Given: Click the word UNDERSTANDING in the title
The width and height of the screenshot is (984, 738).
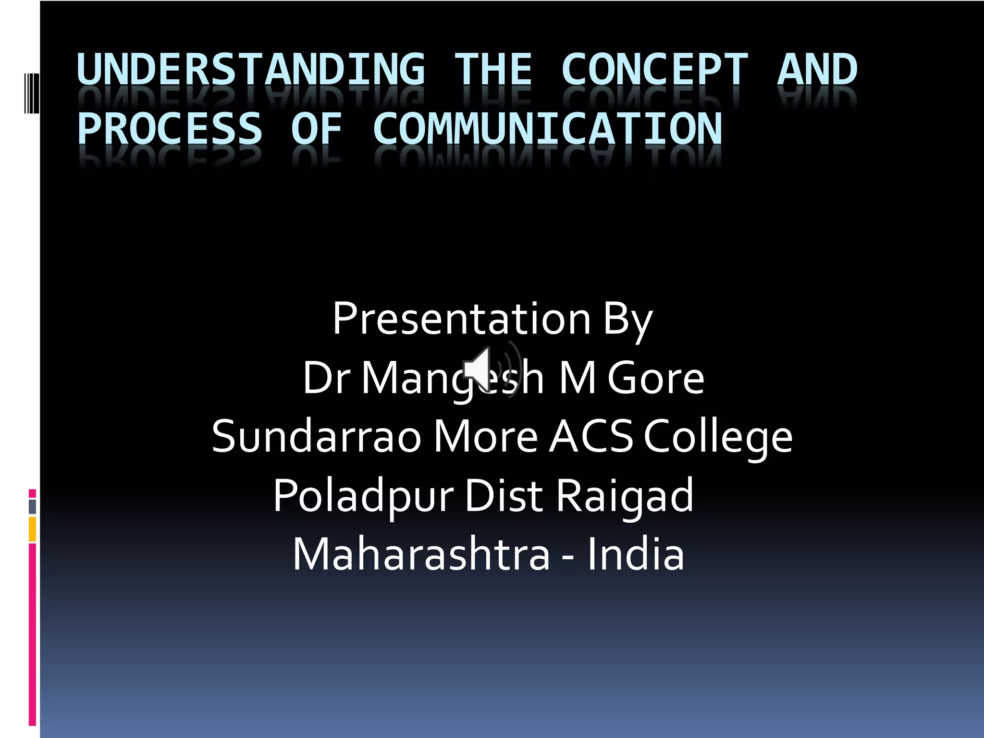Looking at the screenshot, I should pyautogui.click(x=251, y=70).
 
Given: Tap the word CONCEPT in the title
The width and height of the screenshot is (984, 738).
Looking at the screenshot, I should pyautogui.click(x=654, y=70).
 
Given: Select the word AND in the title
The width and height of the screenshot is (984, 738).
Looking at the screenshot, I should pyautogui.click(x=817, y=70).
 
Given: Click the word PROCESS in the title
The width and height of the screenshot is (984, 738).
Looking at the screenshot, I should pyautogui.click(x=169, y=128).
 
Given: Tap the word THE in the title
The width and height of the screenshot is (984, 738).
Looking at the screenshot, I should pyautogui.click(x=493, y=70).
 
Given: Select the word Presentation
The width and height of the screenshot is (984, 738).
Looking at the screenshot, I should pyautogui.click(x=461, y=319).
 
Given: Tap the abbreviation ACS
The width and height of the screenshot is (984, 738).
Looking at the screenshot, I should pyautogui.click(x=591, y=437).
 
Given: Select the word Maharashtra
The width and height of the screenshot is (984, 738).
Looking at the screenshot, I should pyautogui.click(x=421, y=554).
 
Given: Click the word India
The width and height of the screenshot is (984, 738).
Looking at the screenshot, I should pyautogui.click(x=635, y=554).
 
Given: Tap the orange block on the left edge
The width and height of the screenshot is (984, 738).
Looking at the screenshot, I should pyautogui.click(x=32, y=529).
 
